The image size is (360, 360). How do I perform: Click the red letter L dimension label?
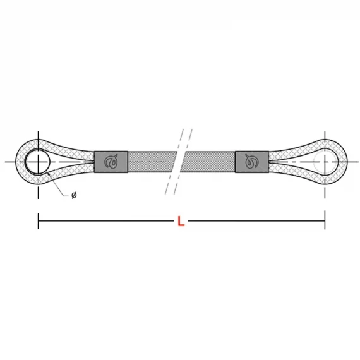click(181, 221)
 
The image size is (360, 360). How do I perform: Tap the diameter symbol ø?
click(74, 195)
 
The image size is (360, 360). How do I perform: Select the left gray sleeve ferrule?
click(111, 162)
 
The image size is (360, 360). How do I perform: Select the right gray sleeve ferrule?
click(252, 162)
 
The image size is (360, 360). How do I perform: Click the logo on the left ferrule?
click(111, 162)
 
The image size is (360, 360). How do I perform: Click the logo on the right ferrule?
click(251, 162)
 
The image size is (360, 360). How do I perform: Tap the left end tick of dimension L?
click(38, 221)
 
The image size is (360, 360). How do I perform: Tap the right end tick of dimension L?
click(325, 221)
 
